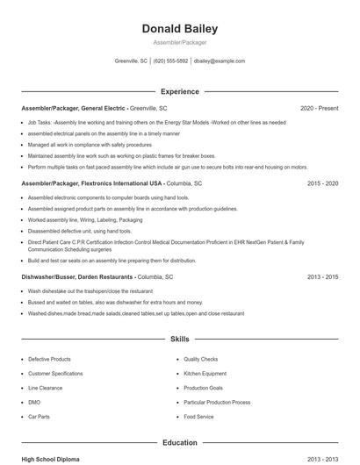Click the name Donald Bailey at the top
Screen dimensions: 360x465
pos(179,29)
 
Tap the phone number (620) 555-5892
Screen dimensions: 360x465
pos(170,61)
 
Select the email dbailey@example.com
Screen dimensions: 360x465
pos(219,61)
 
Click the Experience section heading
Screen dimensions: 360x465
pos(179,91)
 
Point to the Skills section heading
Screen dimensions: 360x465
pos(179,338)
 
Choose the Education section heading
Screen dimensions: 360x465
pos(179,443)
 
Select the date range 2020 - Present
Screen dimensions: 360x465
pos(319,108)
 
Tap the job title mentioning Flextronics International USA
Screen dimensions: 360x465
pos(92,183)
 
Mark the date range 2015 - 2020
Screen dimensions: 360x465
pos(322,183)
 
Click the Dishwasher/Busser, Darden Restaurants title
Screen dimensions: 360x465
pos(78,276)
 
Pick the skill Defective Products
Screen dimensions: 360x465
pos(49,359)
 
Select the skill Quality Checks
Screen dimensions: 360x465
pos(201,359)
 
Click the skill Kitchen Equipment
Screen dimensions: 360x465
pos(205,373)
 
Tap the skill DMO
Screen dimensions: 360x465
pos(34,402)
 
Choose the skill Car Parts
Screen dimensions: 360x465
pos(39,417)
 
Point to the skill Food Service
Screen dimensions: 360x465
pos(198,417)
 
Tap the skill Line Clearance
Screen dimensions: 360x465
pos(45,388)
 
